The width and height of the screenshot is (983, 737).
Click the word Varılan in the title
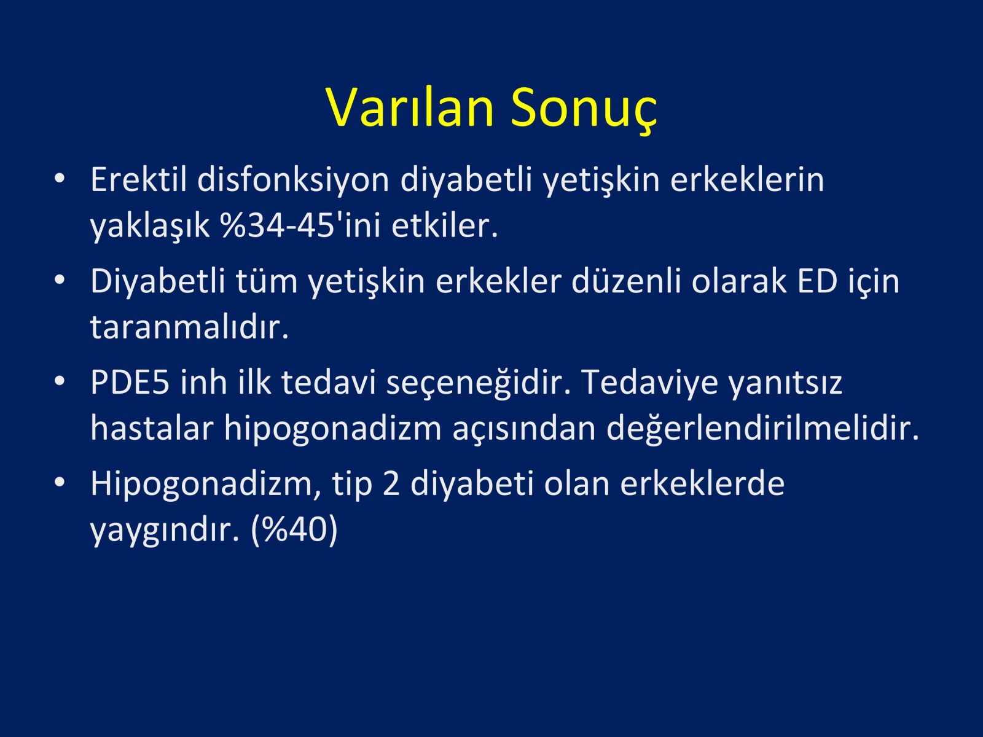410,107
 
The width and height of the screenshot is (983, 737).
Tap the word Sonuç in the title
584,111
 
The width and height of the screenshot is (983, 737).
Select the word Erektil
138,179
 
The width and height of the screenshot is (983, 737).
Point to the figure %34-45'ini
300,225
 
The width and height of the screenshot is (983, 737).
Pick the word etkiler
445,225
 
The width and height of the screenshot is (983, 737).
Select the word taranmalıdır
189,327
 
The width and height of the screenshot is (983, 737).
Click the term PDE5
130,383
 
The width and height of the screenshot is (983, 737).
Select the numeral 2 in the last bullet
391,484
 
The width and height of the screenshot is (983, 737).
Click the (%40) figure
294,531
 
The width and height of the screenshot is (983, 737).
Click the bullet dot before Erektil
60,178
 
